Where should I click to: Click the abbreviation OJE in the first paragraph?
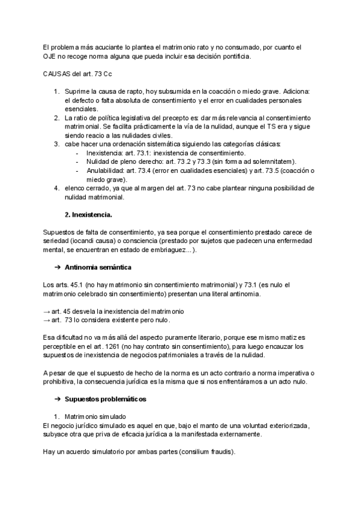coord(49,57)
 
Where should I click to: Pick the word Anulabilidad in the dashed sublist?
coord(106,170)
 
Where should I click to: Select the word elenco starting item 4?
coord(76,188)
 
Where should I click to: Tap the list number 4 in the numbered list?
coord(56,188)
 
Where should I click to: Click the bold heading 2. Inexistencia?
coord(90,214)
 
